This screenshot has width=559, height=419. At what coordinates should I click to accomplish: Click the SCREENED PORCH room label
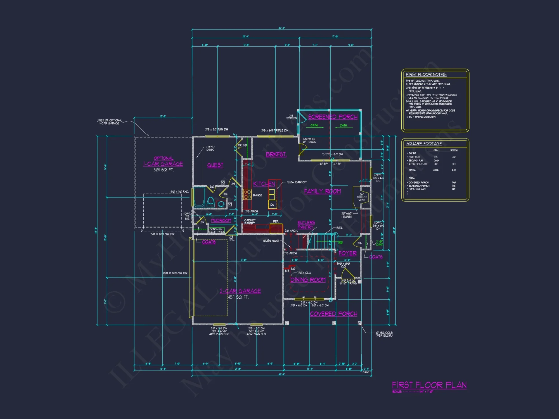[x=333, y=117]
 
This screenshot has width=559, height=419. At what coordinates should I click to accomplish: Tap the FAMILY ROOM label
[x=322, y=191]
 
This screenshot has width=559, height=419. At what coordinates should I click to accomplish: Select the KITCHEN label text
[x=264, y=184]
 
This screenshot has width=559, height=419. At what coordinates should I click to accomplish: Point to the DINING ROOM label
[x=308, y=280]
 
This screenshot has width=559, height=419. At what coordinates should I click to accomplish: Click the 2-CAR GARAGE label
[x=240, y=291]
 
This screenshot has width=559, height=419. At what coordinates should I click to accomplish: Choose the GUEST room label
[x=215, y=165]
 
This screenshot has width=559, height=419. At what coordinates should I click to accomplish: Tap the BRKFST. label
[x=276, y=154]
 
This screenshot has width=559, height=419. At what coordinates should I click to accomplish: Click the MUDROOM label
[x=221, y=220]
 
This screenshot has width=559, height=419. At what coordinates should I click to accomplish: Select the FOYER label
[x=347, y=253]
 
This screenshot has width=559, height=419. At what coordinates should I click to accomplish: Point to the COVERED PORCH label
[x=333, y=314]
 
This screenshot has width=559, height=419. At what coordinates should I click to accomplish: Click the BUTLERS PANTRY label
[x=306, y=225]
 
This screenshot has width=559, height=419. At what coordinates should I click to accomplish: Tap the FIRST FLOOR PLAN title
[x=429, y=385]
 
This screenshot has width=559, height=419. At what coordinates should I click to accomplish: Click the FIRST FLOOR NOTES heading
[x=426, y=75]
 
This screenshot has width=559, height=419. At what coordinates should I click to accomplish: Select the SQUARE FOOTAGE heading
[x=424, y=144]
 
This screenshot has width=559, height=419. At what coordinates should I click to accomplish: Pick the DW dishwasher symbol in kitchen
[x=272, y=205]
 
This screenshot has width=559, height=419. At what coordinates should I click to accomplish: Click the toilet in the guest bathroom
[x=211, y=202]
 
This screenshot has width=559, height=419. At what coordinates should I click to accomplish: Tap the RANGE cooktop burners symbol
[x=247, y=194]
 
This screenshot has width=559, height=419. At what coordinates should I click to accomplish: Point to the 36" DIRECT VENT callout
[x=362, y=197]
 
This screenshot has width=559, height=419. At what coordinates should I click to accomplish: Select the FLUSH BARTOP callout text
[x=296, y=182]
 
